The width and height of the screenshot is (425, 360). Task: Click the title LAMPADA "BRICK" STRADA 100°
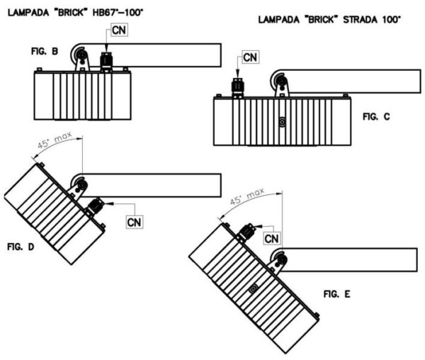pyautogui.click(x=330, y=19)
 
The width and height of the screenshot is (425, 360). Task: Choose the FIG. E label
pyautogui.click(x=338, y=292)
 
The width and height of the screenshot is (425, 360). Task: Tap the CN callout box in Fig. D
pyautogui.click(x=135, y=221)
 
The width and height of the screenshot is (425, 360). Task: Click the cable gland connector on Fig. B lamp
pyautogui.click(x=107, y=61)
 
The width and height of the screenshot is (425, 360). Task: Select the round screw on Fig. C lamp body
pyautogui.click(x=282, y=121)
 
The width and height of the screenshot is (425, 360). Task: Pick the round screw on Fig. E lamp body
pyautogui.click(x=253, y=290)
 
